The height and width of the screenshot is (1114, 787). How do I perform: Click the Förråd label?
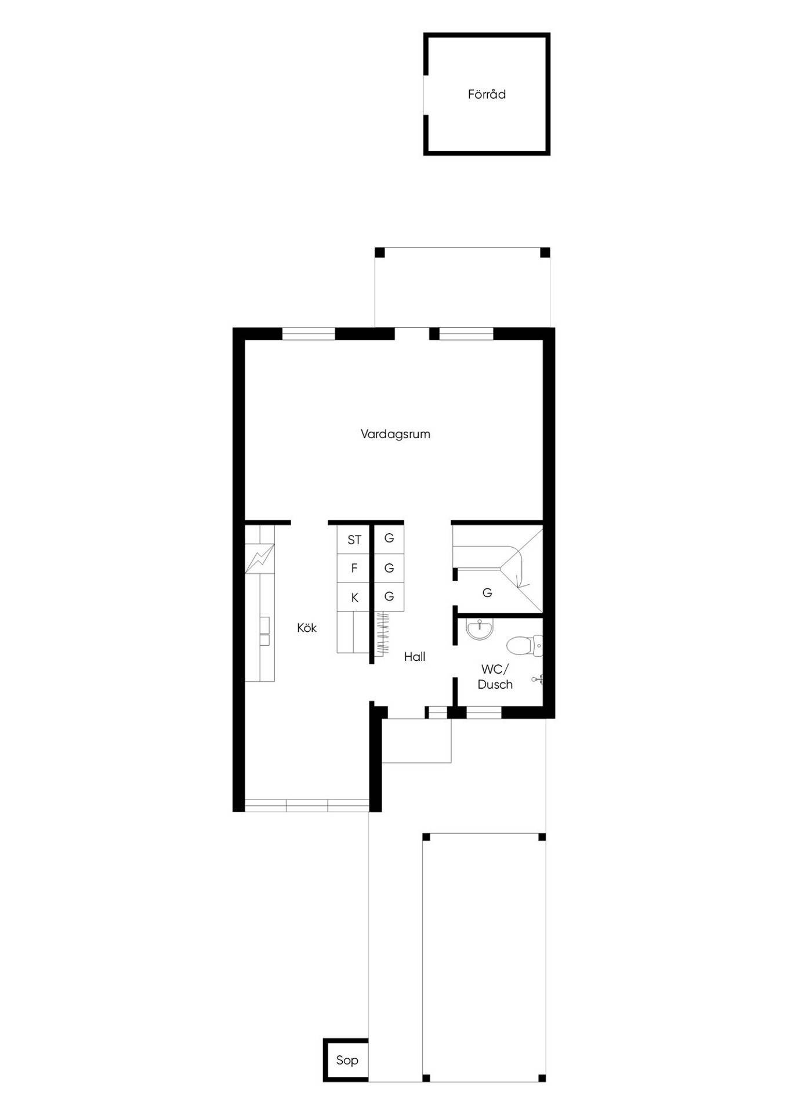click(487, 94)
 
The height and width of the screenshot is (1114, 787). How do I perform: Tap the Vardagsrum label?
click(396, 434)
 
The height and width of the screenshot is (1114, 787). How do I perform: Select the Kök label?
click(307, 628)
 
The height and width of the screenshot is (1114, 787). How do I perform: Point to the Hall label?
click(415, 657)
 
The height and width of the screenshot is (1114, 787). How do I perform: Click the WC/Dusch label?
click(495, 677)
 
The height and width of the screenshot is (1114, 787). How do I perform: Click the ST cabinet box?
click(354, 540)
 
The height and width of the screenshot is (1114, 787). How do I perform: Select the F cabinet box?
click(354, 568)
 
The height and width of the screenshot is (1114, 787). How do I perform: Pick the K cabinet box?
click(354, 597)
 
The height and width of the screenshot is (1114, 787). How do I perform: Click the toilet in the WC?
click(525, 645)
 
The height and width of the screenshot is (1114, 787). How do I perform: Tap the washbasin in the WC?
click(480, 630)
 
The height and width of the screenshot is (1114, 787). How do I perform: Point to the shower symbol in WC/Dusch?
click(538, 678)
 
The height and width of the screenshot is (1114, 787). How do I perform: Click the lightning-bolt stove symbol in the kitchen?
click(259, 559)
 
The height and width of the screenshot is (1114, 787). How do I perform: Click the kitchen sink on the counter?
click(265, 632)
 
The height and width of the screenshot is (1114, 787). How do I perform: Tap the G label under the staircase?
click(487, 593)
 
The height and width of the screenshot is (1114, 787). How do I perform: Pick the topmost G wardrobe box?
click(389, 538)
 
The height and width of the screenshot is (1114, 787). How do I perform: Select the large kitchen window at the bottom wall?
click(307, 805)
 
